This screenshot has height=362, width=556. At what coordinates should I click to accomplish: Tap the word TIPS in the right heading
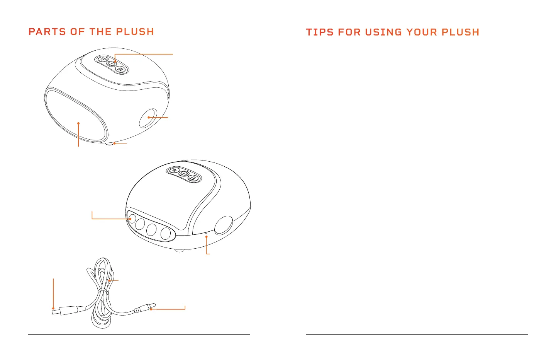click(319, 32)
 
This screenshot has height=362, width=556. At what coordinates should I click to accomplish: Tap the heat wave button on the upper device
click(121, 70)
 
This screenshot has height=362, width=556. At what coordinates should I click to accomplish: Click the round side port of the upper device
click(147, 118)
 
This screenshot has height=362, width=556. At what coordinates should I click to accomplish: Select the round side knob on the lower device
click(223, 225)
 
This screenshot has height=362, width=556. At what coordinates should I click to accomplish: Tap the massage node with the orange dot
click(131, 219)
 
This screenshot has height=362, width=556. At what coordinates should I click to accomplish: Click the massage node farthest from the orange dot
click(166, 233)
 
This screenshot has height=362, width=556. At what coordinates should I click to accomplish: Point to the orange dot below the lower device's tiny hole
click(207, 237)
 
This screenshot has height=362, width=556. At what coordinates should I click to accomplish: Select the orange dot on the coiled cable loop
click(110, 281)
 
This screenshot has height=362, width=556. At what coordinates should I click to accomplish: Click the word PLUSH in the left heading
click(135, 32)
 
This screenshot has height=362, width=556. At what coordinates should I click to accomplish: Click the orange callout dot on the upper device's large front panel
click(78, 124)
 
